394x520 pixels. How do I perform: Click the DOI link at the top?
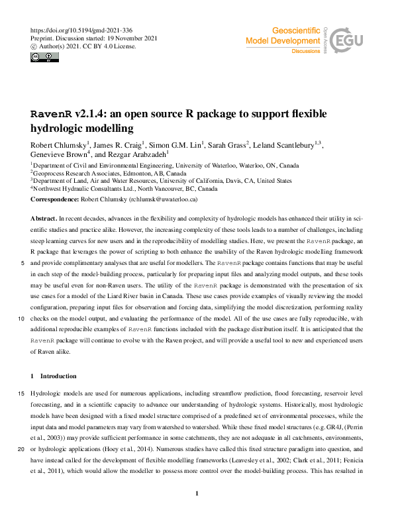pos(82,30)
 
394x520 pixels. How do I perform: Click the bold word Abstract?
pos(44,217)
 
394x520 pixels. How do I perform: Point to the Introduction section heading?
pos(58,376)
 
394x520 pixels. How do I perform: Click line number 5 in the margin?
pos(23,263)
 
